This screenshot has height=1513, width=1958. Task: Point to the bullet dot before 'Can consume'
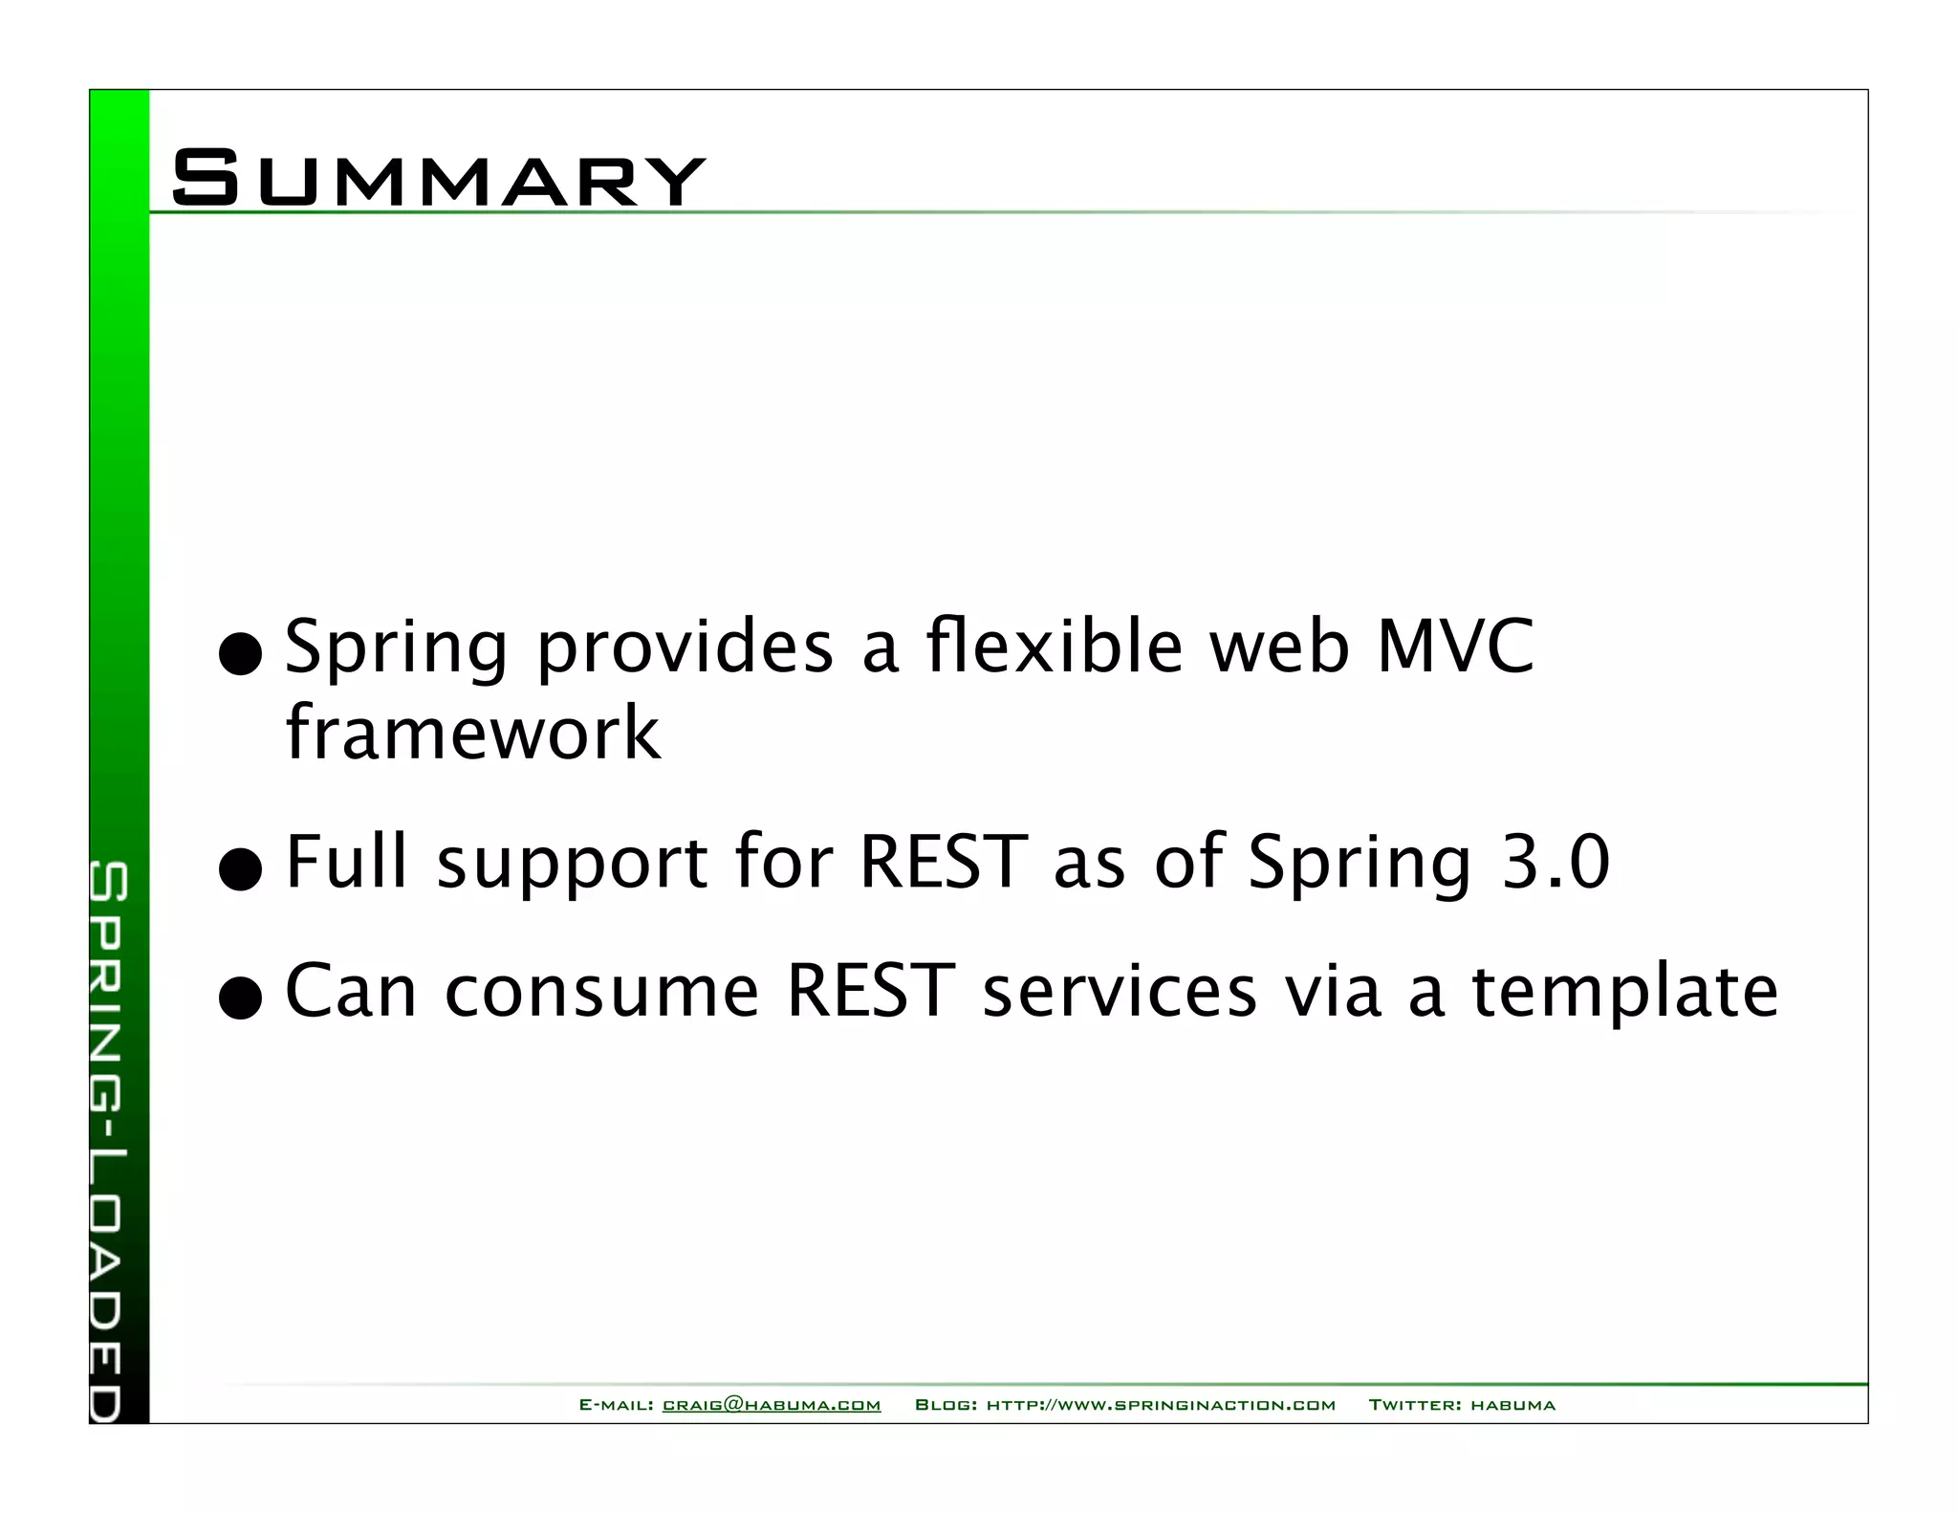pos(240,998)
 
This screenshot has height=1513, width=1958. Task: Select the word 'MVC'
pos(1454,647)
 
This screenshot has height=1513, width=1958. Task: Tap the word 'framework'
pos(472,734)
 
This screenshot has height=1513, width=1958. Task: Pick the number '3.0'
pos(1556,863)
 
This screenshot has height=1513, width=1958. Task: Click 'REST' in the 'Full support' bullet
pos(943,863)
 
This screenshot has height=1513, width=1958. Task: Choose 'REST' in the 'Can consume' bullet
pos(870,991)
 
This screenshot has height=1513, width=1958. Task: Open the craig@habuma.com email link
pos(771,1405)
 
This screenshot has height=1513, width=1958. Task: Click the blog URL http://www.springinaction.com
pos(1161,1405)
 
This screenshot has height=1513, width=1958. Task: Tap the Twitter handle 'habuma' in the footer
pos(1512,1405)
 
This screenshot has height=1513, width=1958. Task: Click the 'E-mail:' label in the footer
pos(617,1405)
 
